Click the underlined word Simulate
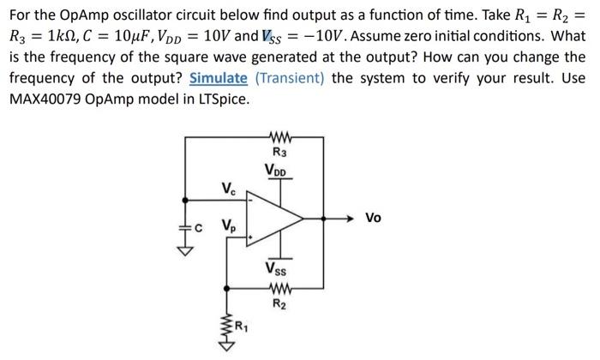click(x=218, y=78)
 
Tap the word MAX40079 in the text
click(x=49, y=98)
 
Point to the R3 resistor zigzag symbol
click(x=279, y=137)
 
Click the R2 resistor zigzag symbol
click(x=279, y=288)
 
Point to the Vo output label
click(x=374, y=219)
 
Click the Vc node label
click(x=227, y=189)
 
